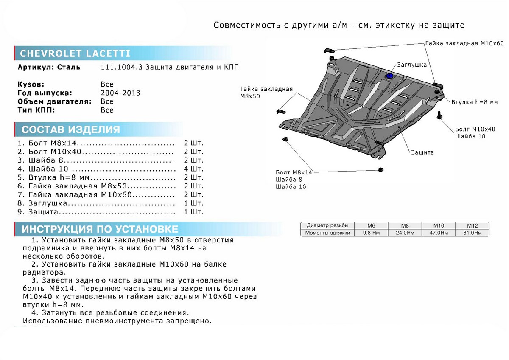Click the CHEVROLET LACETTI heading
click(75, 53)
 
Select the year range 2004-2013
click(120, 93)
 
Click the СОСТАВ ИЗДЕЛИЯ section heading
click(70, 129)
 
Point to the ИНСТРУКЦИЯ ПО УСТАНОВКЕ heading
click(100, 229)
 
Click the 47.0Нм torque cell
click(438, 233)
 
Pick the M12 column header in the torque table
click(472, 225)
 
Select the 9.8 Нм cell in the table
click(371, 233)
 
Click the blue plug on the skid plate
click(389, 76)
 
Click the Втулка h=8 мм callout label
click(474, 103)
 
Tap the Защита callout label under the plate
click(422, 152)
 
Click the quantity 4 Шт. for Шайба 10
click(193, 169)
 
